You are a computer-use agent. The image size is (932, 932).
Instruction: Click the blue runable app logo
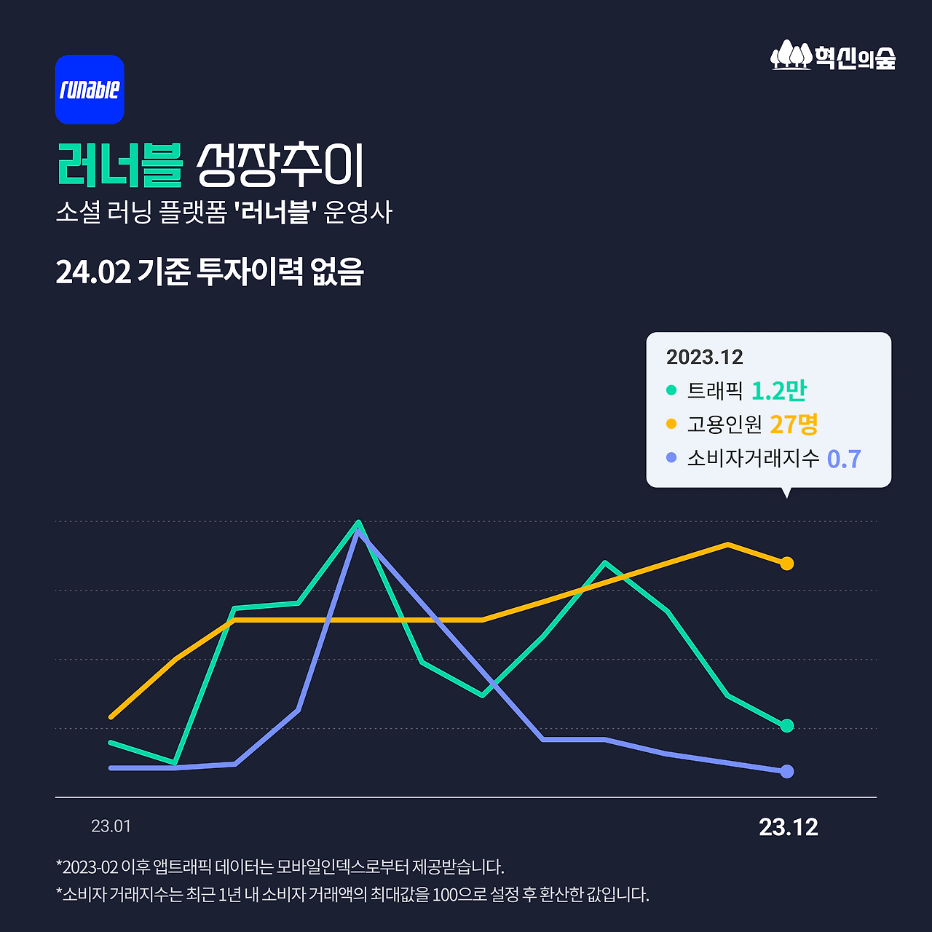click(90, 90)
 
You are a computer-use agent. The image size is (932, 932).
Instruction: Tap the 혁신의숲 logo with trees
click(833, 56)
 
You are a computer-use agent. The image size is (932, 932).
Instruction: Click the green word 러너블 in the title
click(119, 165)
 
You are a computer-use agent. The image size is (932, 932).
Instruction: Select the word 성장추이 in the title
click(280, 165)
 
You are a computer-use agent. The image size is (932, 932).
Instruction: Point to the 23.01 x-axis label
click(111, 826)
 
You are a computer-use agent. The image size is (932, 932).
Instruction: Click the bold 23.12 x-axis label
click(788, 827)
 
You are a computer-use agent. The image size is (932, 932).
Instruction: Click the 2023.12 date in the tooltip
click(704, 357)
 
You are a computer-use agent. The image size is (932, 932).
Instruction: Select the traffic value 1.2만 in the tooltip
click(778, 391)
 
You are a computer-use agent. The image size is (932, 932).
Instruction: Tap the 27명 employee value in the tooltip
click(794, 424)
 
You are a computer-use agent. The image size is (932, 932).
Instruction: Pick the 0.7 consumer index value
click(844, 459)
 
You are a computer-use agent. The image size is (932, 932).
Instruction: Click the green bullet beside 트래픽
click(671, 390)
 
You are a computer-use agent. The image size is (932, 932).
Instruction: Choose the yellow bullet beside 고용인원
click(671, 424)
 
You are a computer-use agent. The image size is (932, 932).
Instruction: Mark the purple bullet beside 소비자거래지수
click(671, 458)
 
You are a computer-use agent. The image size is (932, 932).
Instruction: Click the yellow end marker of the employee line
click(786, 564)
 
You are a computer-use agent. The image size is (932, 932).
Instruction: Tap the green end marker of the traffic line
click(786, 726)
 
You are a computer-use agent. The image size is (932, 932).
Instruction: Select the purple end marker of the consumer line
click(786, 772)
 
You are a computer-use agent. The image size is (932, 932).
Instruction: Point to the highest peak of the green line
click(358, 522)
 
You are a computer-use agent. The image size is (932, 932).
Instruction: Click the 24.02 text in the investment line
click(93, 272)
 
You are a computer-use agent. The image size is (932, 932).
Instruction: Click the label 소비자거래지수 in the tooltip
click(753, 459)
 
